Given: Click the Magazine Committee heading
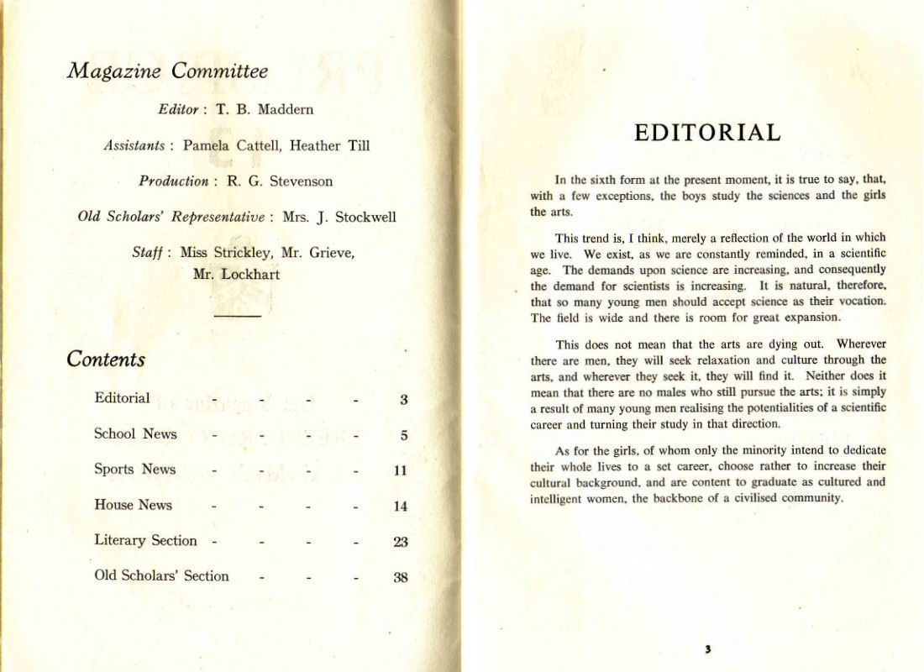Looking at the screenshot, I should click(x=167, y=71).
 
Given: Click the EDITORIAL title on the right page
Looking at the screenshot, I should click(x=706, y=133).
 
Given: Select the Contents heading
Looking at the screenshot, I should click(x=106, y=360).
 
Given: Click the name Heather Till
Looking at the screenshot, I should click(x=329, y=145).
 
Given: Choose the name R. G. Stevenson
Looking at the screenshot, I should click(x=280, y=181).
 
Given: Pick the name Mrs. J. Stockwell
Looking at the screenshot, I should click(x=339, y=217).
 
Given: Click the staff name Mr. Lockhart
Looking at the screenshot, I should click(x=236, y=274).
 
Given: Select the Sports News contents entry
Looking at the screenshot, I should click(x=134, y=470).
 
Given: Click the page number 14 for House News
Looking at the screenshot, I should click(x=401, y=507).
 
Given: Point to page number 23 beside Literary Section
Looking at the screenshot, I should click(x=401, y=542).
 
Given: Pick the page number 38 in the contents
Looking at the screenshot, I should click(x=401, y=577).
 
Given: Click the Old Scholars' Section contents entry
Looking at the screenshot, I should click(x=161, y=576).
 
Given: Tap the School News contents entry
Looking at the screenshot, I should click(x=135, y=434).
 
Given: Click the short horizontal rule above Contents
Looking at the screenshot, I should click(x=238, y=315).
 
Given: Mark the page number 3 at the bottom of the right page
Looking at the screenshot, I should click(x=708, y=648).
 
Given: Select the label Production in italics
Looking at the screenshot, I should click(x=174, y=181).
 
